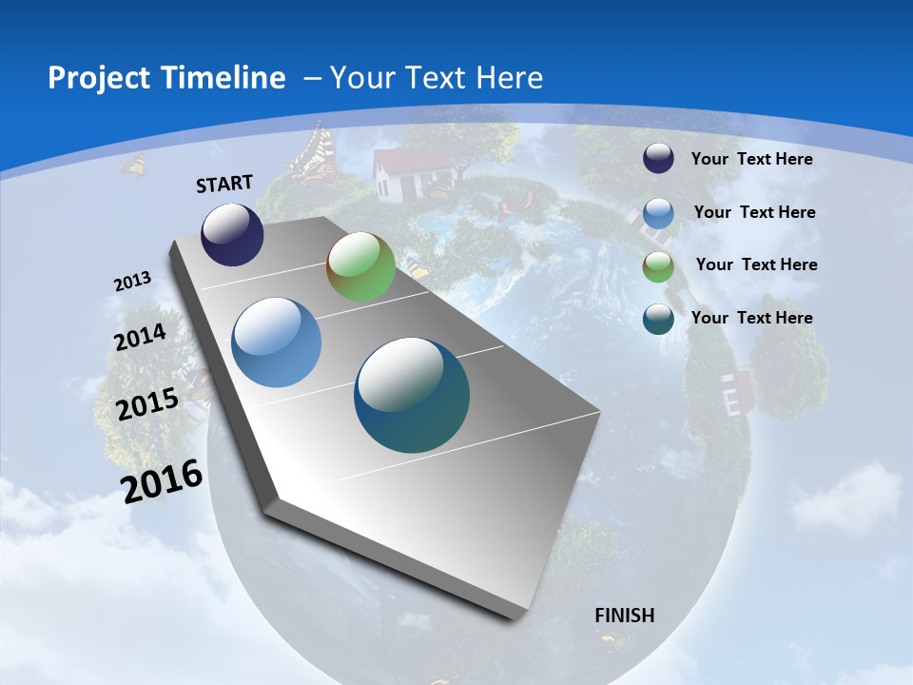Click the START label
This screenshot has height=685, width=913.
point(224,184)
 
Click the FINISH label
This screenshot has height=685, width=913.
point(625,616)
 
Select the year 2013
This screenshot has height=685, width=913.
point(132,282)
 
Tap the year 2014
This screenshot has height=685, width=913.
point(140,338)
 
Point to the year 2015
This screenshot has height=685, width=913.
point(147,404)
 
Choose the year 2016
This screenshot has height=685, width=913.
point(162,480)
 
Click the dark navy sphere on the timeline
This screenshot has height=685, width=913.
point(232,234)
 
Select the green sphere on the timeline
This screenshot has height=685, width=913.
point(360,266)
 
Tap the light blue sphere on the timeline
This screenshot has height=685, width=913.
point(277,342)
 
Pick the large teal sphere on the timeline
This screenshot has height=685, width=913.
point(412,395)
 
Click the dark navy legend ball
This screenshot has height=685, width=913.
point(658,159)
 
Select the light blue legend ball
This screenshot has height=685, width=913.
point(658,213)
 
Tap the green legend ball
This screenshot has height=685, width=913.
point(658,265)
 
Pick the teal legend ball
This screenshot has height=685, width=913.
point(658,318)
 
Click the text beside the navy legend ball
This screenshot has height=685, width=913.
point(751,159)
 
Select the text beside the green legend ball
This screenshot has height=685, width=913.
point(756,264)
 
